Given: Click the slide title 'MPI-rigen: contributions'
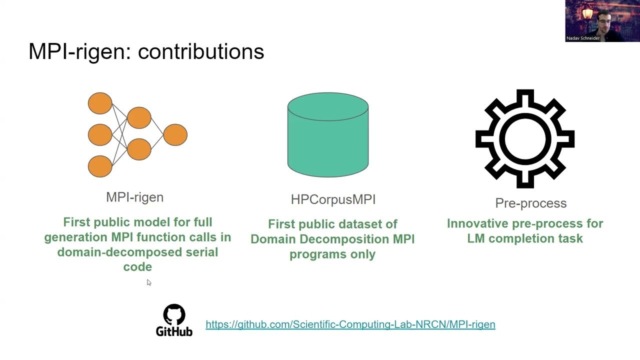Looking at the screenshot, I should coord(146,51).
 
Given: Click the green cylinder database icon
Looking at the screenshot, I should coord(328,135).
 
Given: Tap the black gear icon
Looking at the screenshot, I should coord(524,138).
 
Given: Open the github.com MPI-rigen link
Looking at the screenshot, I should coord(350,324).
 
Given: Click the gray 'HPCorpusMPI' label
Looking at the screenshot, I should coord(333,199).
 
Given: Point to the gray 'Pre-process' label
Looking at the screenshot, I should coord(530,203).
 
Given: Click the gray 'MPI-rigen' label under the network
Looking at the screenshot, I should coord(134,197).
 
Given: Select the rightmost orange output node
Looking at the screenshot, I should coord(175,135).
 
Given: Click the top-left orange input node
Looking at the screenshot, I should coord(100,103).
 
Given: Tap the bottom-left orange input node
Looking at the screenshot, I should coord(100,166).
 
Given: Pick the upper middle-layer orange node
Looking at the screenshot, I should coord(139,118).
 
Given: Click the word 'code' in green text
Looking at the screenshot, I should coord(137,267).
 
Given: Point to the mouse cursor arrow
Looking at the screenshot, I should coord(148,282).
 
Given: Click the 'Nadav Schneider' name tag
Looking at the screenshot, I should coord(583,38).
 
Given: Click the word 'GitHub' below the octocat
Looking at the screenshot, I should coord(174,331).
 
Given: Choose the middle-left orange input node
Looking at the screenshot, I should coord(100,135).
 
